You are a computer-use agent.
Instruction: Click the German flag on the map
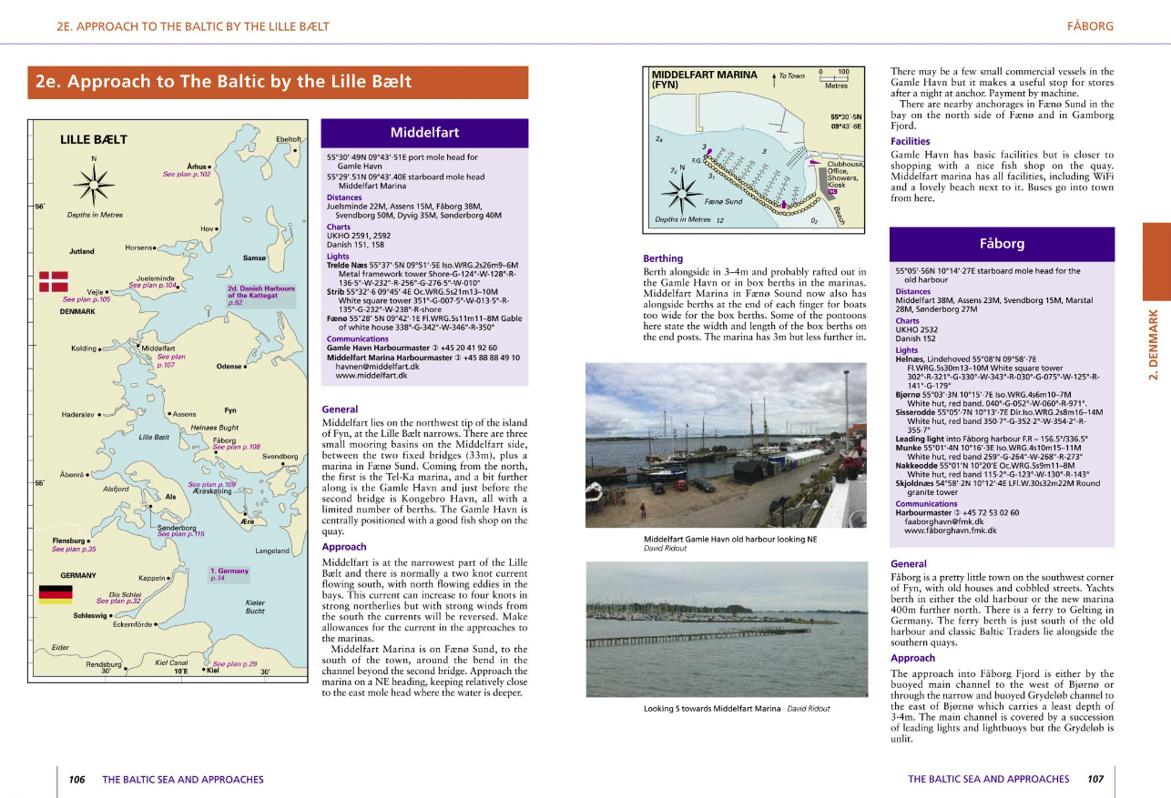[55, 594]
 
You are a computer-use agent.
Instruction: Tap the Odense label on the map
[229, 366]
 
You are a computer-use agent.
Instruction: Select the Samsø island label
[255, 258]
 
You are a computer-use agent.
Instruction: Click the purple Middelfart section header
[424, 133]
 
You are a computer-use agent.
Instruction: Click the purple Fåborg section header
[1002, 244]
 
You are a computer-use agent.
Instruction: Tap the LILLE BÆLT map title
[94, 140]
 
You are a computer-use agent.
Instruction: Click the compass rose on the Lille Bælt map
[95, 187]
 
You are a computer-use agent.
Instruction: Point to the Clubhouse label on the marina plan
[845, 164]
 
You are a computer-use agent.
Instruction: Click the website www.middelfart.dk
[372, 375]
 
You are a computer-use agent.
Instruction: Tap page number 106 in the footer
[76, 779]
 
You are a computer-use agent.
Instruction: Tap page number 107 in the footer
[1095, 779]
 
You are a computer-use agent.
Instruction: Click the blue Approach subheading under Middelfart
[344, 547]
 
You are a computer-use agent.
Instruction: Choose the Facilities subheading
[910, 141]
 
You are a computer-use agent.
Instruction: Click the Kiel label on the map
[212, 671]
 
